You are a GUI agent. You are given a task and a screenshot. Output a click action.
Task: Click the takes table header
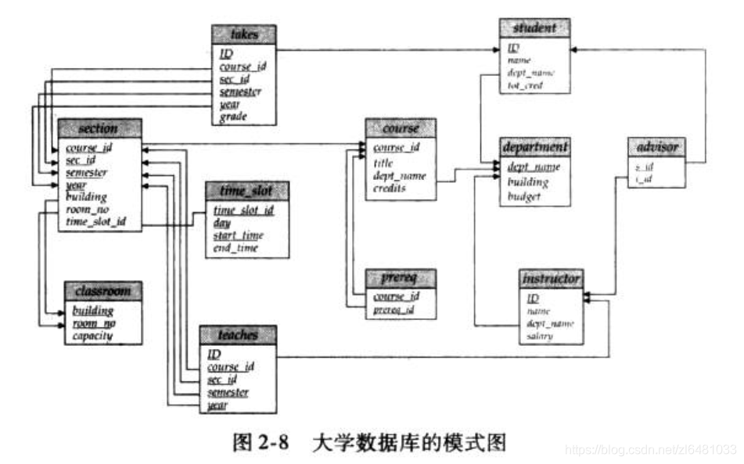243,34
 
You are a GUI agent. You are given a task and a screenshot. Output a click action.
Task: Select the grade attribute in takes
234,117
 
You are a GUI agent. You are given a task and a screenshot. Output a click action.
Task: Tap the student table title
534,28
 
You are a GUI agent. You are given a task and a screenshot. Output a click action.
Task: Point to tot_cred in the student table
526,85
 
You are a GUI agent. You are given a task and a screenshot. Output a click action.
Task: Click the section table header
99,128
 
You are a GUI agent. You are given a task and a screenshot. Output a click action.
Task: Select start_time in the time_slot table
238,236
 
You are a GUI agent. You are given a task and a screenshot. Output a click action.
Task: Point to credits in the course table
390,189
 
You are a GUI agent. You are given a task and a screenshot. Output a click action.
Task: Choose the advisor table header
658,147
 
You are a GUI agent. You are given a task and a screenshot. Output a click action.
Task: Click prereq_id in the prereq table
392,310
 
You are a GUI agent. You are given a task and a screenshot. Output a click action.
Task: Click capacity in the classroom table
92,336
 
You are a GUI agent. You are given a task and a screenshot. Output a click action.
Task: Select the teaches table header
238,335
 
